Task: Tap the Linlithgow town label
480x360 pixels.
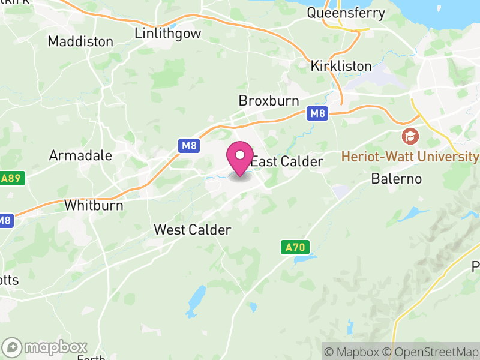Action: click(x=167, y=33)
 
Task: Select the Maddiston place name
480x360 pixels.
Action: click(x=80, y=41)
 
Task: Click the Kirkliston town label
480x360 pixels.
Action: click(x=341, y=66)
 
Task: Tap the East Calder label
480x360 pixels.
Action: click(x=287, y=161)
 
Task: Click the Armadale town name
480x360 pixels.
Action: click(x=80, y=155)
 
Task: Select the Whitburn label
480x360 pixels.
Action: click(x=94, y=205)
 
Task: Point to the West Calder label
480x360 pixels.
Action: click(x=192, y=229)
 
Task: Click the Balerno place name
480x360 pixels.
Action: click(x=396, y=178)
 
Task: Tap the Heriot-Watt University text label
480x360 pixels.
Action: click(x=410, y=157)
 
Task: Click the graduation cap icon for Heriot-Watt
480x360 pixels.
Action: click(x=410, y=136)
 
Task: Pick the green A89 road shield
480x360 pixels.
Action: click(x=12, y=179)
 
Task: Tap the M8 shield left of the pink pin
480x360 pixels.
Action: click(x=189, y=145)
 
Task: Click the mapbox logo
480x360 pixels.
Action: click(x=46, y=347)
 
